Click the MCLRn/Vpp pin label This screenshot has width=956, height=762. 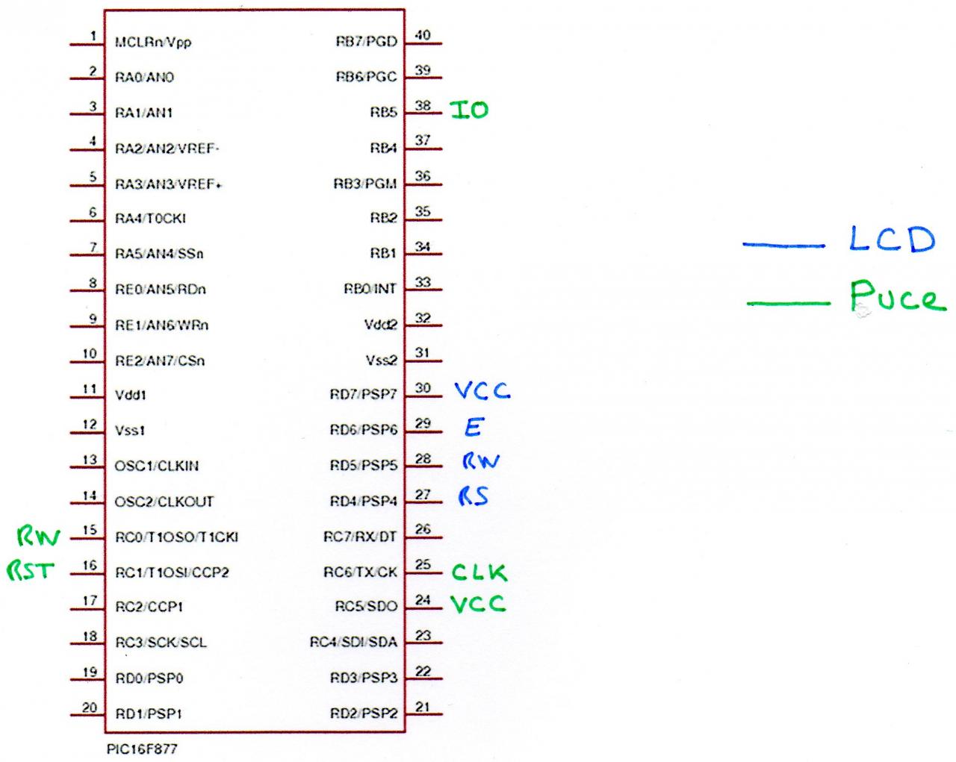(153, 42)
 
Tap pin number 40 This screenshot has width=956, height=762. (423, 34)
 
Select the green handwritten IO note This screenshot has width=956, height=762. (469, 110)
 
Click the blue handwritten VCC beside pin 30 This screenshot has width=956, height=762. (482, 390)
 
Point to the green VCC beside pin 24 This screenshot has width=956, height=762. (478, 604)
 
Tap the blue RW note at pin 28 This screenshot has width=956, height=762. (480, 461)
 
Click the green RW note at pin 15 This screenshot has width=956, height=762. (38, 536)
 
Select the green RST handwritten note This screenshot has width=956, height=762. (31, 572)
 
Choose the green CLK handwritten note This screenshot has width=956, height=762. (479, 572)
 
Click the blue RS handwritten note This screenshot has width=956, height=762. (474, 496)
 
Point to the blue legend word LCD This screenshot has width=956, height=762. (892, 240)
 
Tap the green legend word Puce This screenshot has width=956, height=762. (897, 297)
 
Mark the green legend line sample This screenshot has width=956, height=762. (788, 303)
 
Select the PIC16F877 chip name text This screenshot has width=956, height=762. (142, 748)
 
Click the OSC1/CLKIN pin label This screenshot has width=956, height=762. (157, 466)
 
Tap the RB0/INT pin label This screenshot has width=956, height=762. (370, 289)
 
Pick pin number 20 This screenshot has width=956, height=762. (90, 707)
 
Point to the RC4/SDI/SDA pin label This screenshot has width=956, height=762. (353, 642)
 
